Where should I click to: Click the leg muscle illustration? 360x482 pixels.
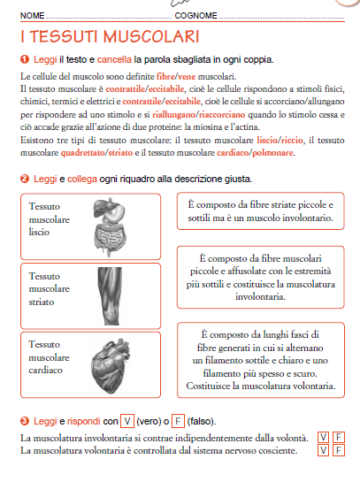114,288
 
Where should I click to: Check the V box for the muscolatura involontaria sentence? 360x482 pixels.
324,437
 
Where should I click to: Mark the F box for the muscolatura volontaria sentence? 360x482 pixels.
339,450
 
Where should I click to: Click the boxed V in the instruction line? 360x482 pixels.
128,419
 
